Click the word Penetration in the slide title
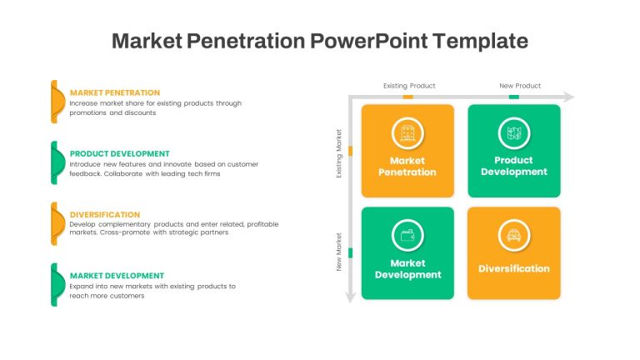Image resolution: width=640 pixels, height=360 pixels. (246, 41)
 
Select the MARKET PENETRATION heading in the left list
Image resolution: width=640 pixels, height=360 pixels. (115, 92)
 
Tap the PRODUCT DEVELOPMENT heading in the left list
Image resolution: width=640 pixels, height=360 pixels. (120, 154)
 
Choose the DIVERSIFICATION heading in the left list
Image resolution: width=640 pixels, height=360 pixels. (105, 215)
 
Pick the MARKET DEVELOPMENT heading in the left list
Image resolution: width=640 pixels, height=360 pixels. (117, 276)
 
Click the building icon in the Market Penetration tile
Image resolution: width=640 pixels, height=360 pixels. (407, 133)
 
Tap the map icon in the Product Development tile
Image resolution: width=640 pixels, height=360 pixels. (514, 133)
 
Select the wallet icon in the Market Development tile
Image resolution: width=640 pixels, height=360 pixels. (407, 236)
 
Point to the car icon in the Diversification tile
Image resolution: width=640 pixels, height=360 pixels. (514, 236)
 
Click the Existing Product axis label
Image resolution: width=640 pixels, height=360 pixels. (409, 86)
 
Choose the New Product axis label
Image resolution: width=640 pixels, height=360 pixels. (520, 86)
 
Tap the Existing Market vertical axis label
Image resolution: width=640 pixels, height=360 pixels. (339, 153)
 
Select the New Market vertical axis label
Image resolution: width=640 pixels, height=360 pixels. (339, 252)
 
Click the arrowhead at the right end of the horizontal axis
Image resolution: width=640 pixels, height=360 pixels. (569, 97)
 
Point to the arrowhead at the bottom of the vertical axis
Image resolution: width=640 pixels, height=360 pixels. (350, 297)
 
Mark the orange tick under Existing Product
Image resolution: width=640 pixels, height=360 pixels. (407, 97)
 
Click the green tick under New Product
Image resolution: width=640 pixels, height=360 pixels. (514, 97)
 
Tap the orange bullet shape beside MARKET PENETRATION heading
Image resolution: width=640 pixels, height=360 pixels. (57, 102)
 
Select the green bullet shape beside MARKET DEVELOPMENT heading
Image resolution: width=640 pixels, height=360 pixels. (57, 285)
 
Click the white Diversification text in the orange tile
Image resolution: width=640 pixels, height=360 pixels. (514, 268)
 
